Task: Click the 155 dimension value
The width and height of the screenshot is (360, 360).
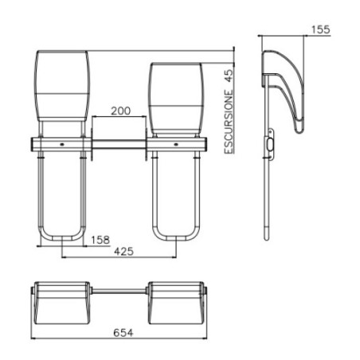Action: tap(319, 29)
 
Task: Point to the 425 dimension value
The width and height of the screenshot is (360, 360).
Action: tap(121, 252)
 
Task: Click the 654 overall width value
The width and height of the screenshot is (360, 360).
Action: tap(121, 330)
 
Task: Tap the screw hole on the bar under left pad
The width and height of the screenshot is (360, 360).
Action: tap(62, 146)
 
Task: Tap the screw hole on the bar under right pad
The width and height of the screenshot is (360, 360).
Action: tap(175, 146)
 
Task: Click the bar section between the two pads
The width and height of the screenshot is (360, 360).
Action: tap(118, 146)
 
